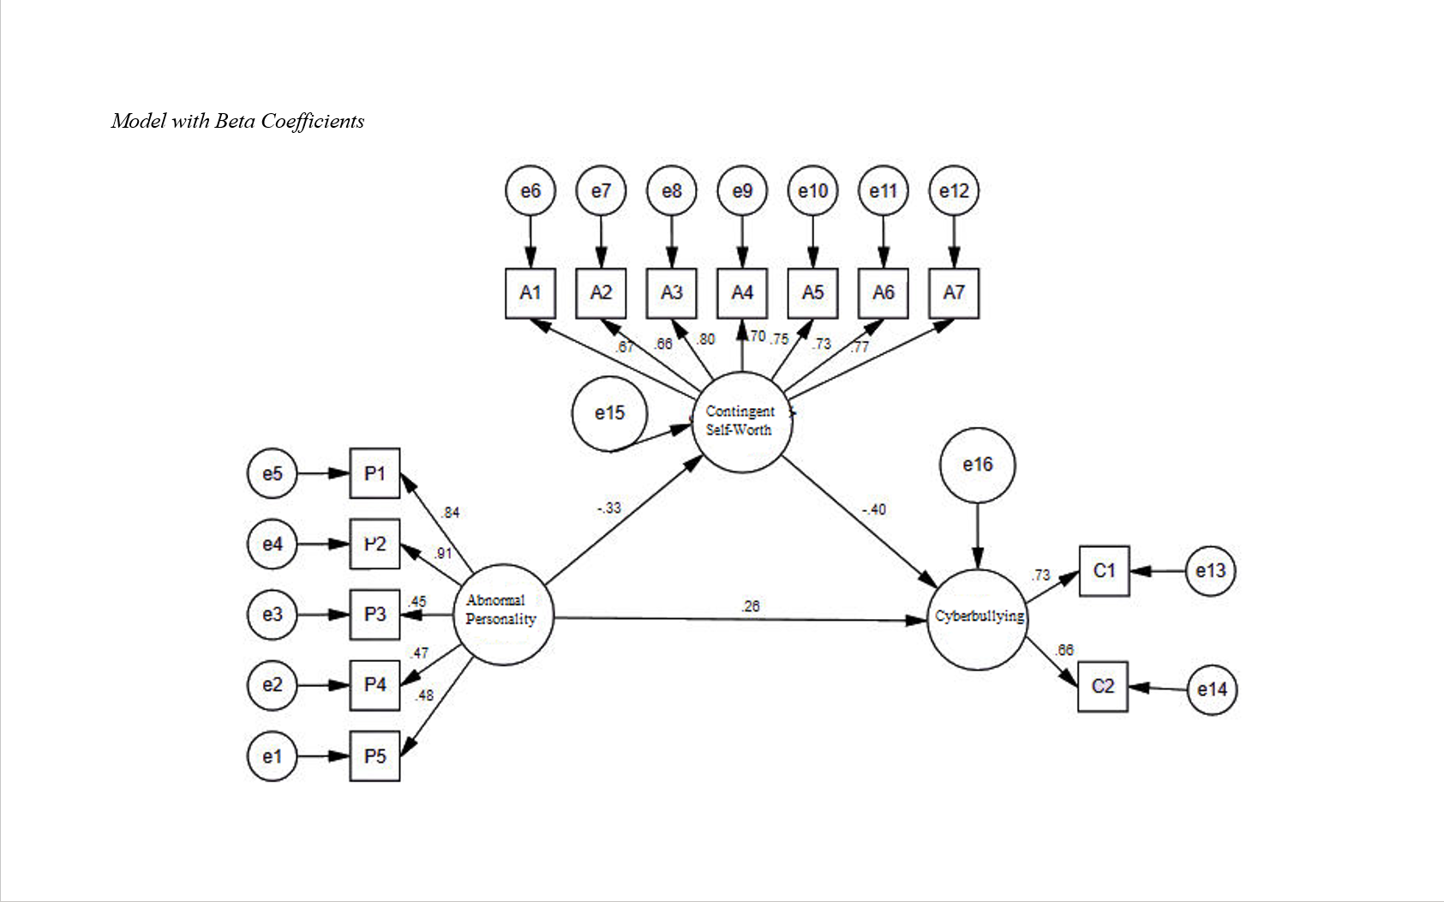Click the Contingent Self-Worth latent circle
(742, 421)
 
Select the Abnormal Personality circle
(503, 614)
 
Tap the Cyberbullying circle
(978, 619)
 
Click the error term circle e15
(609, 413)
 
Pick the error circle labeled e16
(978, 465)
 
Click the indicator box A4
(742, 293)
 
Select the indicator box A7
(954, 293)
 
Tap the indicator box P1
(374, 473)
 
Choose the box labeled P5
(374, 756)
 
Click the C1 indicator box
(1104, 571)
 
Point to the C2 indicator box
(1103, 686)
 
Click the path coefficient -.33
(608, 508)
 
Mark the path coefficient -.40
(873, 509)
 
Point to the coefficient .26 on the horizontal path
(751, 606)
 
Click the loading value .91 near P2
(442, 554)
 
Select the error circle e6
(530, 190)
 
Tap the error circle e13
(1211, 571)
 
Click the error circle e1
(272, 756)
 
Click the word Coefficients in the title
(313, 121)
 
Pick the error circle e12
(954, 190)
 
